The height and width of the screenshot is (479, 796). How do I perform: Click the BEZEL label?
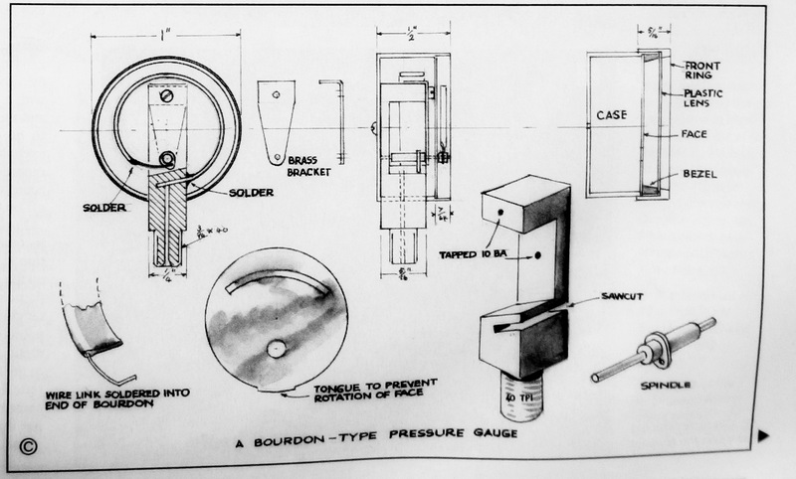pos(700,174)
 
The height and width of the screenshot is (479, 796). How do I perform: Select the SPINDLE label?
pos(668,383)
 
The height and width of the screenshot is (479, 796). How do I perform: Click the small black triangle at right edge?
pos(764,434)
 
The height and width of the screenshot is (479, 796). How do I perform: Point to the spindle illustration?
pos(657,344)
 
